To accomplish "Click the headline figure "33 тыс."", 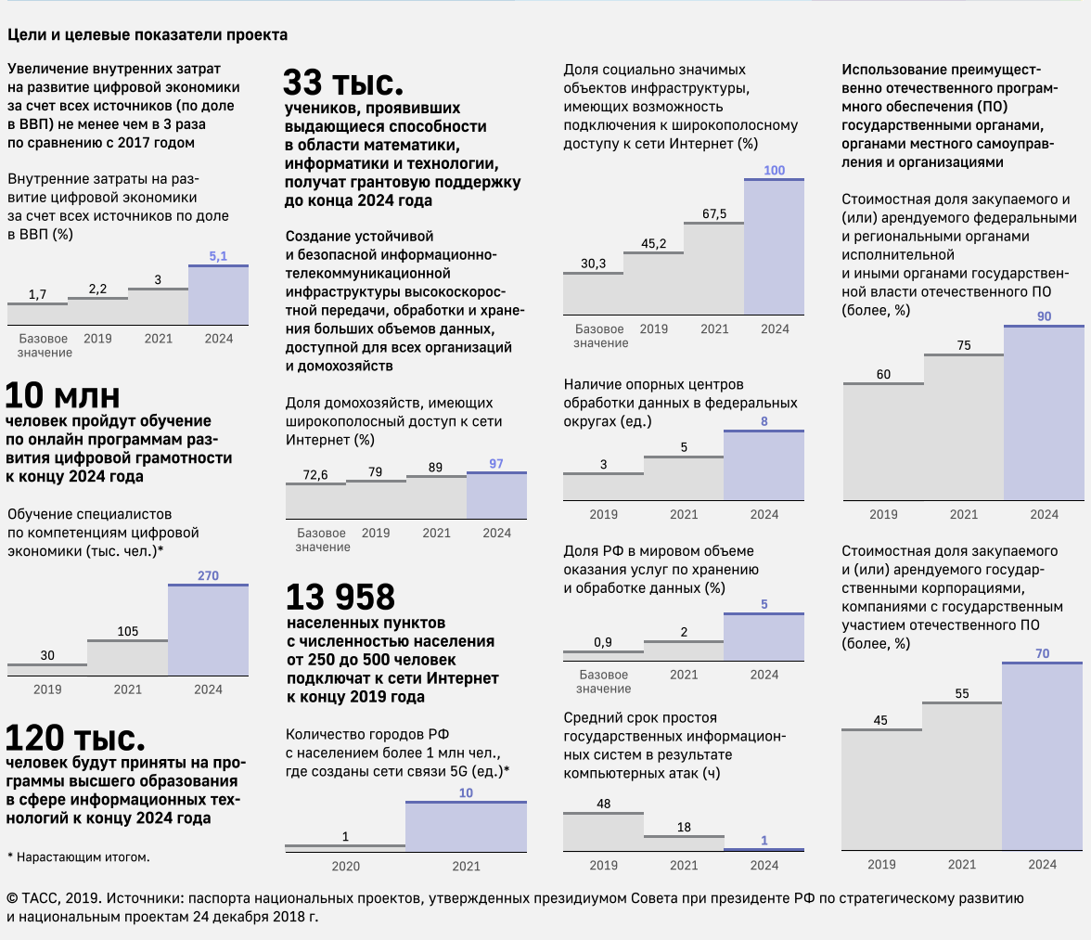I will pos(343,84).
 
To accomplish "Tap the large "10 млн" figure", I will pos(63,395).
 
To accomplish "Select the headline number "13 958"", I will pos(340,597).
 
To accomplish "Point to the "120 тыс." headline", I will pos(75,739).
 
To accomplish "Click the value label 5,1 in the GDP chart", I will pos(218,255).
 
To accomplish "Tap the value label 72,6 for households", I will pos(315,475).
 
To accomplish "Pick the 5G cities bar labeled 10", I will pos(466,826).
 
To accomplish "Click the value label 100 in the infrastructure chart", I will pos(774,171).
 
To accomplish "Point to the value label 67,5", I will pos(714,214).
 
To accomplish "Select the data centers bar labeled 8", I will pos(764,466).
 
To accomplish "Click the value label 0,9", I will pos(602,642).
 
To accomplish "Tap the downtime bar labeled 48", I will pos(603,831).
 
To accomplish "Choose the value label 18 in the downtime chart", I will pos(684,827).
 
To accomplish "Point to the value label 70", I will pos(1043,653).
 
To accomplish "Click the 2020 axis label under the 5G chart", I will pos(345,866).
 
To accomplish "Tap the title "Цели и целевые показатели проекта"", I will pos(148,35).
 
